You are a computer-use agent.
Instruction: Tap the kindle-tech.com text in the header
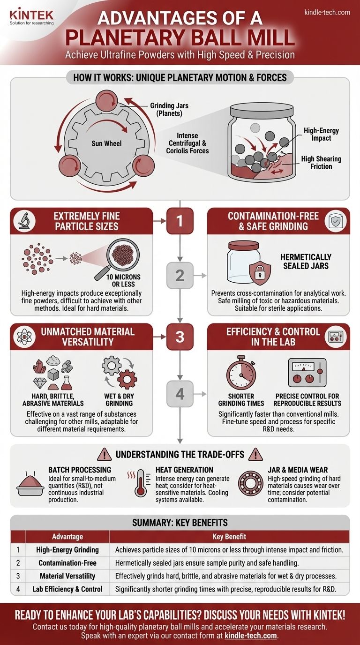point(327,12)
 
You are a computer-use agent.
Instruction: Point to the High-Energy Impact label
point(321,135)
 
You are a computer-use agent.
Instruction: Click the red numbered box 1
point(180,221)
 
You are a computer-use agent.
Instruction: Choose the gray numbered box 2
point(180,275)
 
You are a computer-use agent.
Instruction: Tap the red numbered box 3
point(180,337)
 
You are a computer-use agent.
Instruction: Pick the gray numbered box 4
point(180,394)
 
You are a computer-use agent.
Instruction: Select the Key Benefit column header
point(228,536)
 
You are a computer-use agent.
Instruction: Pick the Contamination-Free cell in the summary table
point(67,563)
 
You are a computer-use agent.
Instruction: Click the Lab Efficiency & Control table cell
point(67,589)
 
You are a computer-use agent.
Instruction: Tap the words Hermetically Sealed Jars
point(306,261)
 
